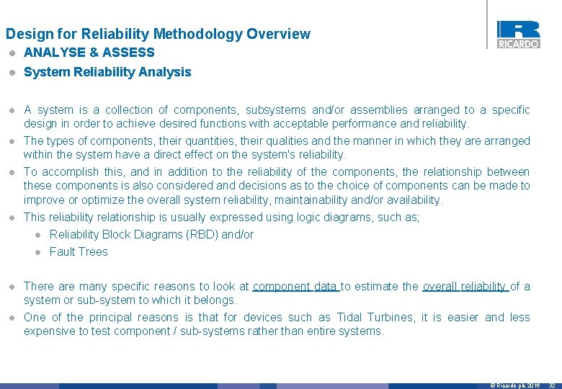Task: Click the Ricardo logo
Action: pos(518,34)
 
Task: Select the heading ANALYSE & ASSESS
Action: pos(89,53)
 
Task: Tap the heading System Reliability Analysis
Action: pos(107,72)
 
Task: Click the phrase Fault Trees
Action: pos(79,252)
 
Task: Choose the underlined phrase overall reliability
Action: pos(465,287)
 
